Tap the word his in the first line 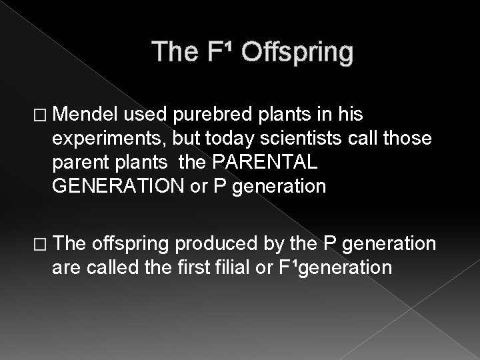click(349, 116)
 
